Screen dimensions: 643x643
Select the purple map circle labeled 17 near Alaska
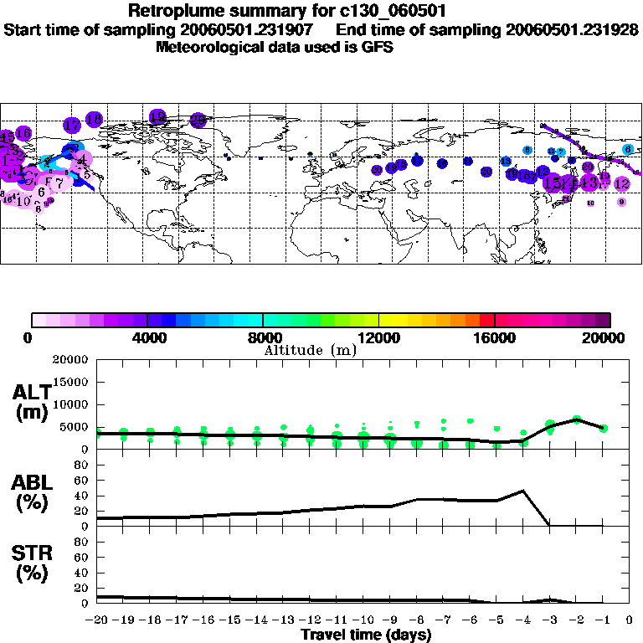coord(72,125)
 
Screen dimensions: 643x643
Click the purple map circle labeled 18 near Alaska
coord(94,119)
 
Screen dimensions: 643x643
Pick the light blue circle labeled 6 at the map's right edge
coord(628,149)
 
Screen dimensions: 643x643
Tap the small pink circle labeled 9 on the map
coord(621,202)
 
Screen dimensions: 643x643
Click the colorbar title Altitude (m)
coord(310,350)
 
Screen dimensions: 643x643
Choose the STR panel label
coord(32,563)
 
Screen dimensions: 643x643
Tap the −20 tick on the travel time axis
coord(96,620)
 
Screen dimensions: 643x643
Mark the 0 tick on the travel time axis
coord(630,620)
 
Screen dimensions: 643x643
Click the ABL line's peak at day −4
coord(522,491)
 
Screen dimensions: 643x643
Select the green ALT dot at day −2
coord(576,419)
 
